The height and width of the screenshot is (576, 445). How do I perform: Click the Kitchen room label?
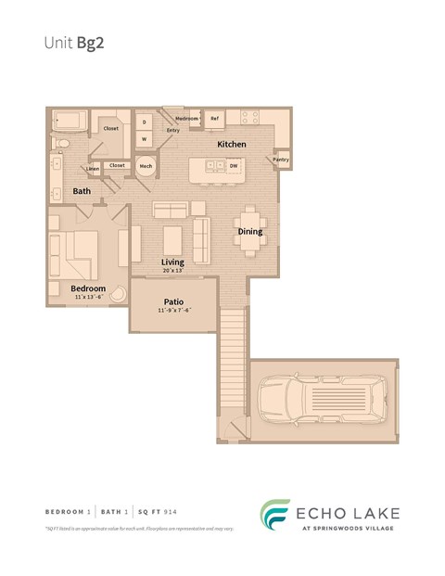(x=232, y=146)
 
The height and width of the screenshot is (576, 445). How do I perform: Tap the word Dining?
(x=249, y=231)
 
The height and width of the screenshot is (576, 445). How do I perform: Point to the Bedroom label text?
(x=88, y=288)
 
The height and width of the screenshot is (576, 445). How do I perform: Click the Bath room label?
(x=82, y=191)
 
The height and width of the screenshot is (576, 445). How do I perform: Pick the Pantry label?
(x=281, y=160)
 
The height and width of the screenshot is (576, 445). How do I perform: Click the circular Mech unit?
(x=146, y=166)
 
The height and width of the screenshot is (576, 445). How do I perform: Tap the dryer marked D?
(x=145, y=122)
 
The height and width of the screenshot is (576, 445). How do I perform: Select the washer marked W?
(x=145, y=139)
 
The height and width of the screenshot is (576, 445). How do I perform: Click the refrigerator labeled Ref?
(x=214, y=119)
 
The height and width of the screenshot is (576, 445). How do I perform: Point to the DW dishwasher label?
(x=234, y=166)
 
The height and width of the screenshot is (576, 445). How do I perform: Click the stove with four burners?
(x=251, y=118)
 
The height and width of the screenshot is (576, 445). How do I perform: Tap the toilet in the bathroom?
(x=60, y=144)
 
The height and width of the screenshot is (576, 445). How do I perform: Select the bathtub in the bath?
(x=70, y=120)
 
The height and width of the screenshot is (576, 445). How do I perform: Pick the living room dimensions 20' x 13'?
(x=172, y=271)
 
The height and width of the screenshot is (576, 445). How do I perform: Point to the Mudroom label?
(x=187, y=119)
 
